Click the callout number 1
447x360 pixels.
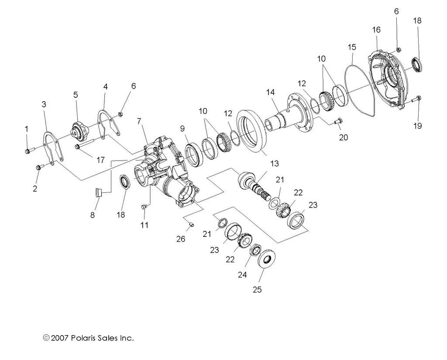click(x=26, y=129)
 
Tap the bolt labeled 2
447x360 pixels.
click(x=38, y=167)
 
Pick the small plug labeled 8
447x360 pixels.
click(x=99, y=192)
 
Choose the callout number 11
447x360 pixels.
click(x=144, y=225)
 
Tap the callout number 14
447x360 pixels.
click(x=271, y=92)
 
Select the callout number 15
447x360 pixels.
click(x=352, y=47)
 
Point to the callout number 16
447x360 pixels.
click(x=376, y=30)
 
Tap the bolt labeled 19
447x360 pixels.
click(x=416, y=99)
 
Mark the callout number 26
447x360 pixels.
click(x=181, y=239)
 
